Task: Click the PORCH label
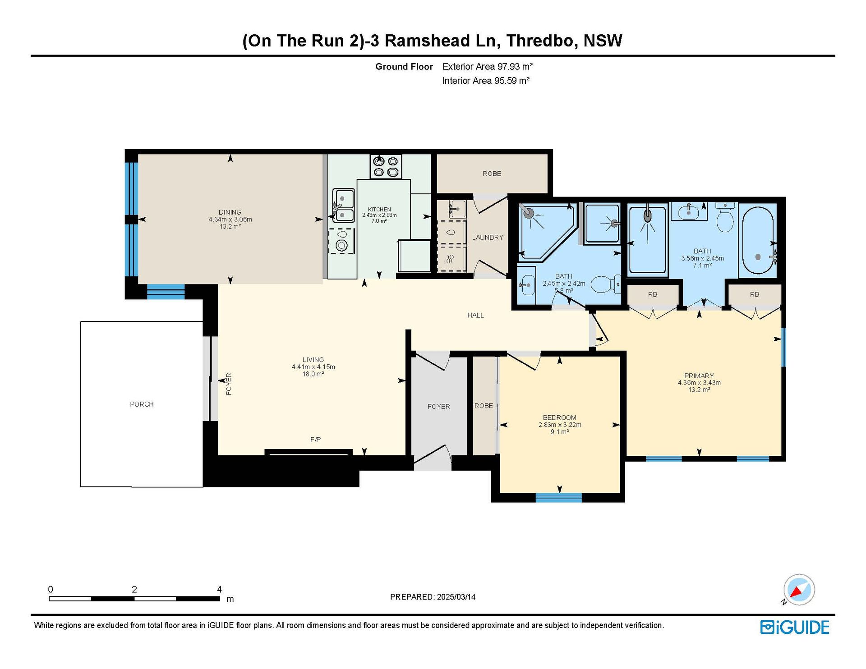tap(142, 404)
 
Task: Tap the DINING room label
tap(230, 212)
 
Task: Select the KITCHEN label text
tap(379, 209)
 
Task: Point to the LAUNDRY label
tap(488, 238)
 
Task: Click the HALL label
tap(475, 316)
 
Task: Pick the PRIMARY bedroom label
tap(699, 376)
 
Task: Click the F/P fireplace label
tap(315, 440)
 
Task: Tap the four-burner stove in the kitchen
tap(386, 166)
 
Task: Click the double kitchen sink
tap(343, 206)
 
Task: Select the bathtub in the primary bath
tap(758, 240)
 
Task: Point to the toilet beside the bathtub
tap(725, 217)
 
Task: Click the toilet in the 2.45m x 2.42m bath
tap(605, 284)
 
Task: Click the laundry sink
tap(457, 210)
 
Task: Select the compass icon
tap(799, 590)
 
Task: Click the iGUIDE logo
tap(795, 628)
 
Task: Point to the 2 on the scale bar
tap(134, 589)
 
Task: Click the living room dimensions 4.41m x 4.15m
tap(313, 367)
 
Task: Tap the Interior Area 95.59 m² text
tap(486, 81)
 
